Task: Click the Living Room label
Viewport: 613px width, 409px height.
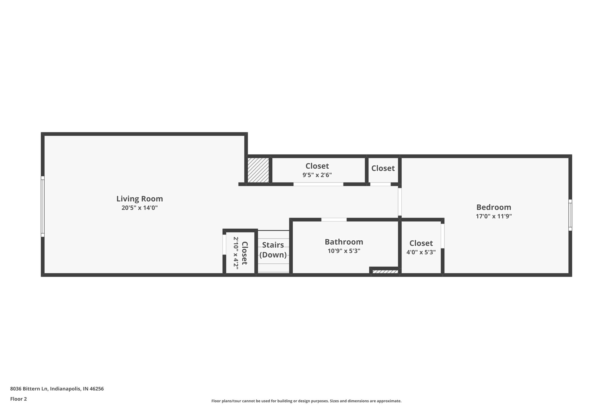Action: coord(139,199)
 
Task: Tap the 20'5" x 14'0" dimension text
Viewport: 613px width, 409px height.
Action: coord(139,208)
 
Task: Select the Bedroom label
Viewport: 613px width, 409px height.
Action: coord(494,207)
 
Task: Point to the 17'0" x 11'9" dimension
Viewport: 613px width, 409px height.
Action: coord(494,216)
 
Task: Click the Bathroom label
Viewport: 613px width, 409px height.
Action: coord(344,242)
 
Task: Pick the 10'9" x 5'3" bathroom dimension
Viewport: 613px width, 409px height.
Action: coord(344,251)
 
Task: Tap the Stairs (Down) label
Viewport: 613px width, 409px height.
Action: coord(273,250)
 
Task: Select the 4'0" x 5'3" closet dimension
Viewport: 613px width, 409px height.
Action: coord(421,252)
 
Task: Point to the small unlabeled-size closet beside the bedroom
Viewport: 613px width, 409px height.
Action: coord(383,168)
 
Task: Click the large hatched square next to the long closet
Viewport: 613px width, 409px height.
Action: coord(258,170)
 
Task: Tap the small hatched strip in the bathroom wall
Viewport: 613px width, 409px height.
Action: coord(385,272)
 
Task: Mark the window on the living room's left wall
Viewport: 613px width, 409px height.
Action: coord(43,206)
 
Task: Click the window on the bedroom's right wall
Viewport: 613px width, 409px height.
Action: coord(570,215)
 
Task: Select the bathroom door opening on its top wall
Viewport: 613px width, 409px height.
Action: coord(334,220)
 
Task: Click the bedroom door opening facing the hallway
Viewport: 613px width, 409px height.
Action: coord(400,202)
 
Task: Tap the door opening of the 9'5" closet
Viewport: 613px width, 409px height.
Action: coord(318,184)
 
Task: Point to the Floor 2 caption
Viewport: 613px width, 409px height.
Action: coord(19,399)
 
